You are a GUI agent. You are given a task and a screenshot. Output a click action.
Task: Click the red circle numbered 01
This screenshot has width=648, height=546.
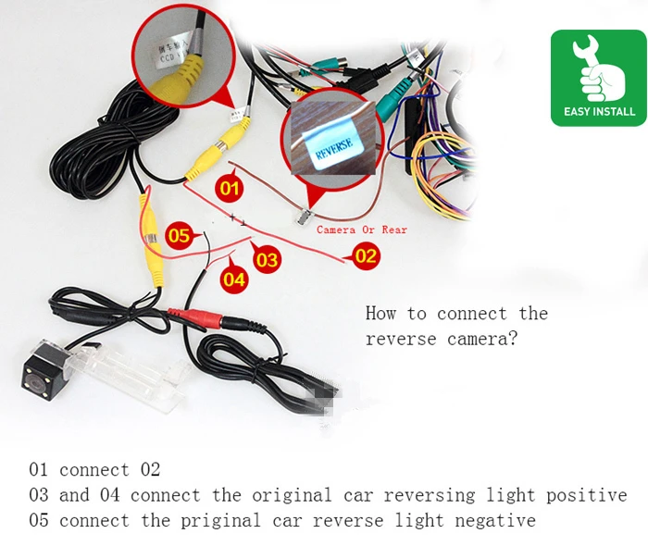230,190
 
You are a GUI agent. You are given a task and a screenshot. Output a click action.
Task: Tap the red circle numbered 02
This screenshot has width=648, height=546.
366,255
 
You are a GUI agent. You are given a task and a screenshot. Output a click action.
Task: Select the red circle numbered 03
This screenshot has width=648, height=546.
267,260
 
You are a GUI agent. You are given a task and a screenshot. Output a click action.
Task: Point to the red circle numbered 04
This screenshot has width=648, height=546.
235,279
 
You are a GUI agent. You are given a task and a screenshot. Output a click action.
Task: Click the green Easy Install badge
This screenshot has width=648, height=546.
599,78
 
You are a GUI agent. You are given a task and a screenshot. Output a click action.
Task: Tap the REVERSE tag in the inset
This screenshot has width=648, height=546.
336,149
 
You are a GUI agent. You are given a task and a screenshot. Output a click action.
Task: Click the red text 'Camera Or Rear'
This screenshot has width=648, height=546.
361,230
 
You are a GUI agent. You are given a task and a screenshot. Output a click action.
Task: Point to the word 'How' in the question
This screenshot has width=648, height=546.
380,314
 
